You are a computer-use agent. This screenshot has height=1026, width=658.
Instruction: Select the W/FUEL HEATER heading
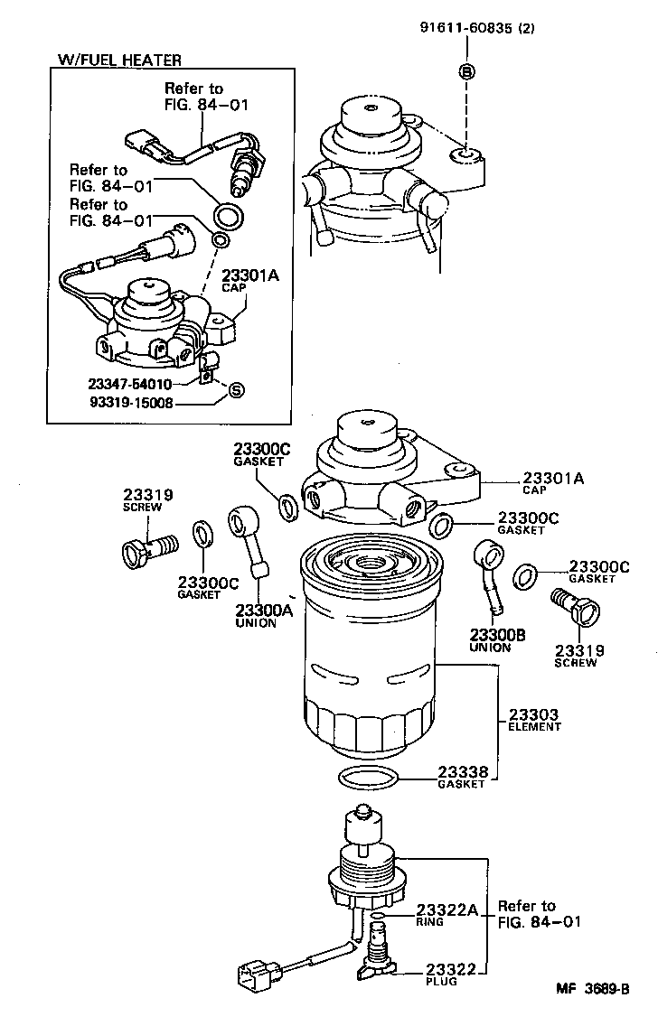pos(119,60)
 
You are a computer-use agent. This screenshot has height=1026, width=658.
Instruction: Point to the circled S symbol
pos(235,390)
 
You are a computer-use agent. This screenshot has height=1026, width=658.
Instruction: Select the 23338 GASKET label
pos(463,777)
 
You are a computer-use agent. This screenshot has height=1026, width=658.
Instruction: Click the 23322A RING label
pos(446,915)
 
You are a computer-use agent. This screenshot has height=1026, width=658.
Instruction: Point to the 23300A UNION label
pos(263,615)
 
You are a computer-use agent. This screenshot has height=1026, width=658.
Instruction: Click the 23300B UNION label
pos(497,640)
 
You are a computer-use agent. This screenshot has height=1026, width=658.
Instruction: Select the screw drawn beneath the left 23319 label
pos(148,547)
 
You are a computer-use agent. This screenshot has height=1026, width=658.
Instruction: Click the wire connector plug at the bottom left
pos(257,976)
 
